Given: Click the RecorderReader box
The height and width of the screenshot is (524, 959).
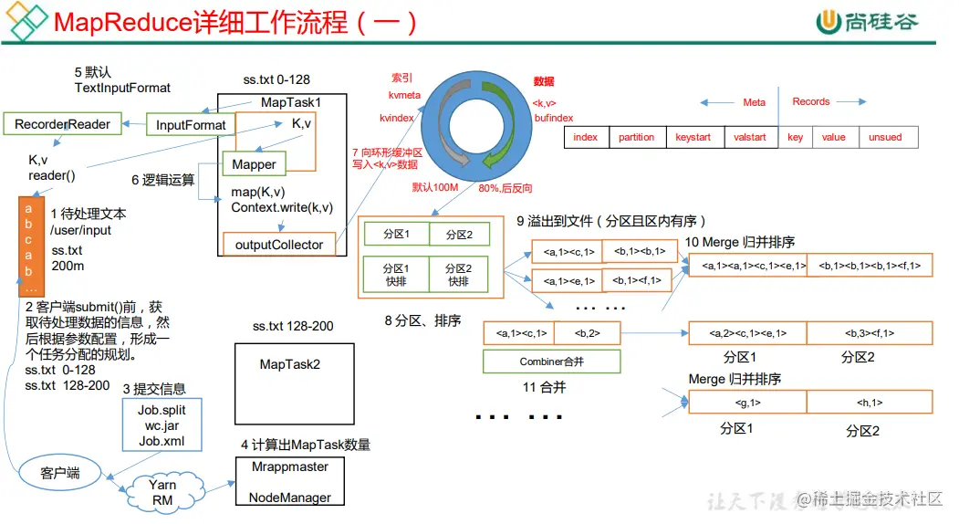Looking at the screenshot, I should tap(62, 124).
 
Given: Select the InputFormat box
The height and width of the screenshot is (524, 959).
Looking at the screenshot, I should tap(191, 125).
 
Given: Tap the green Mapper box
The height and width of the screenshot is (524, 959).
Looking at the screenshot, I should tap(254, 164).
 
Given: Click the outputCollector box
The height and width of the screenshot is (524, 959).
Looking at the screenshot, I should tap(278, 245).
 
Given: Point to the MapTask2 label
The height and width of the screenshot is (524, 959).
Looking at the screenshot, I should tap(289, 364).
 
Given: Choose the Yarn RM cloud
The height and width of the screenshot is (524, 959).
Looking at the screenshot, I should tap(162, 491).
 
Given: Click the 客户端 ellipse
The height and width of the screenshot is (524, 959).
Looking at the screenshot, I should tap(60, 473).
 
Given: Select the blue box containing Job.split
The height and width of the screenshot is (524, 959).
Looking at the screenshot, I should tap(162, 425).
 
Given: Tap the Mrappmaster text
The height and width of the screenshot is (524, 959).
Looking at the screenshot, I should tap(289, 466).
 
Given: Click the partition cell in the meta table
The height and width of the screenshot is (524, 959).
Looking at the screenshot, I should tap(636, 137).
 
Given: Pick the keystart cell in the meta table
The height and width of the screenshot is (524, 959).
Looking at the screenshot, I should tap(693, 137).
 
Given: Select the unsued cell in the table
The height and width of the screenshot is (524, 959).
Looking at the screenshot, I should tap(884, 137).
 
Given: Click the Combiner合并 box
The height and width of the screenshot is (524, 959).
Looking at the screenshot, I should tap(551, 362).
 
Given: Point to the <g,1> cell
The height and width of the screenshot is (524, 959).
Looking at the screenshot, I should tap(747, 402).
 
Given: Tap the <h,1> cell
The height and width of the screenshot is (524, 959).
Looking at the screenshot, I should tap(869, 402).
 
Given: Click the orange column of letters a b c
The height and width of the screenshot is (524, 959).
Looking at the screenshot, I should tap(28, 239).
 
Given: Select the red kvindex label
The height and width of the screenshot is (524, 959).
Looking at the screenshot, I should tap(397, 118).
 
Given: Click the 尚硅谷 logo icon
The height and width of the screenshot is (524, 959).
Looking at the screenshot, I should tap(828, 22).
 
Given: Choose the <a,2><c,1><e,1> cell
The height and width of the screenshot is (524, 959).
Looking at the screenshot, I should tap(747, 333).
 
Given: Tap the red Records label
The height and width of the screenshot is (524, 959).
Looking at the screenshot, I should tap(810, 102).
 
